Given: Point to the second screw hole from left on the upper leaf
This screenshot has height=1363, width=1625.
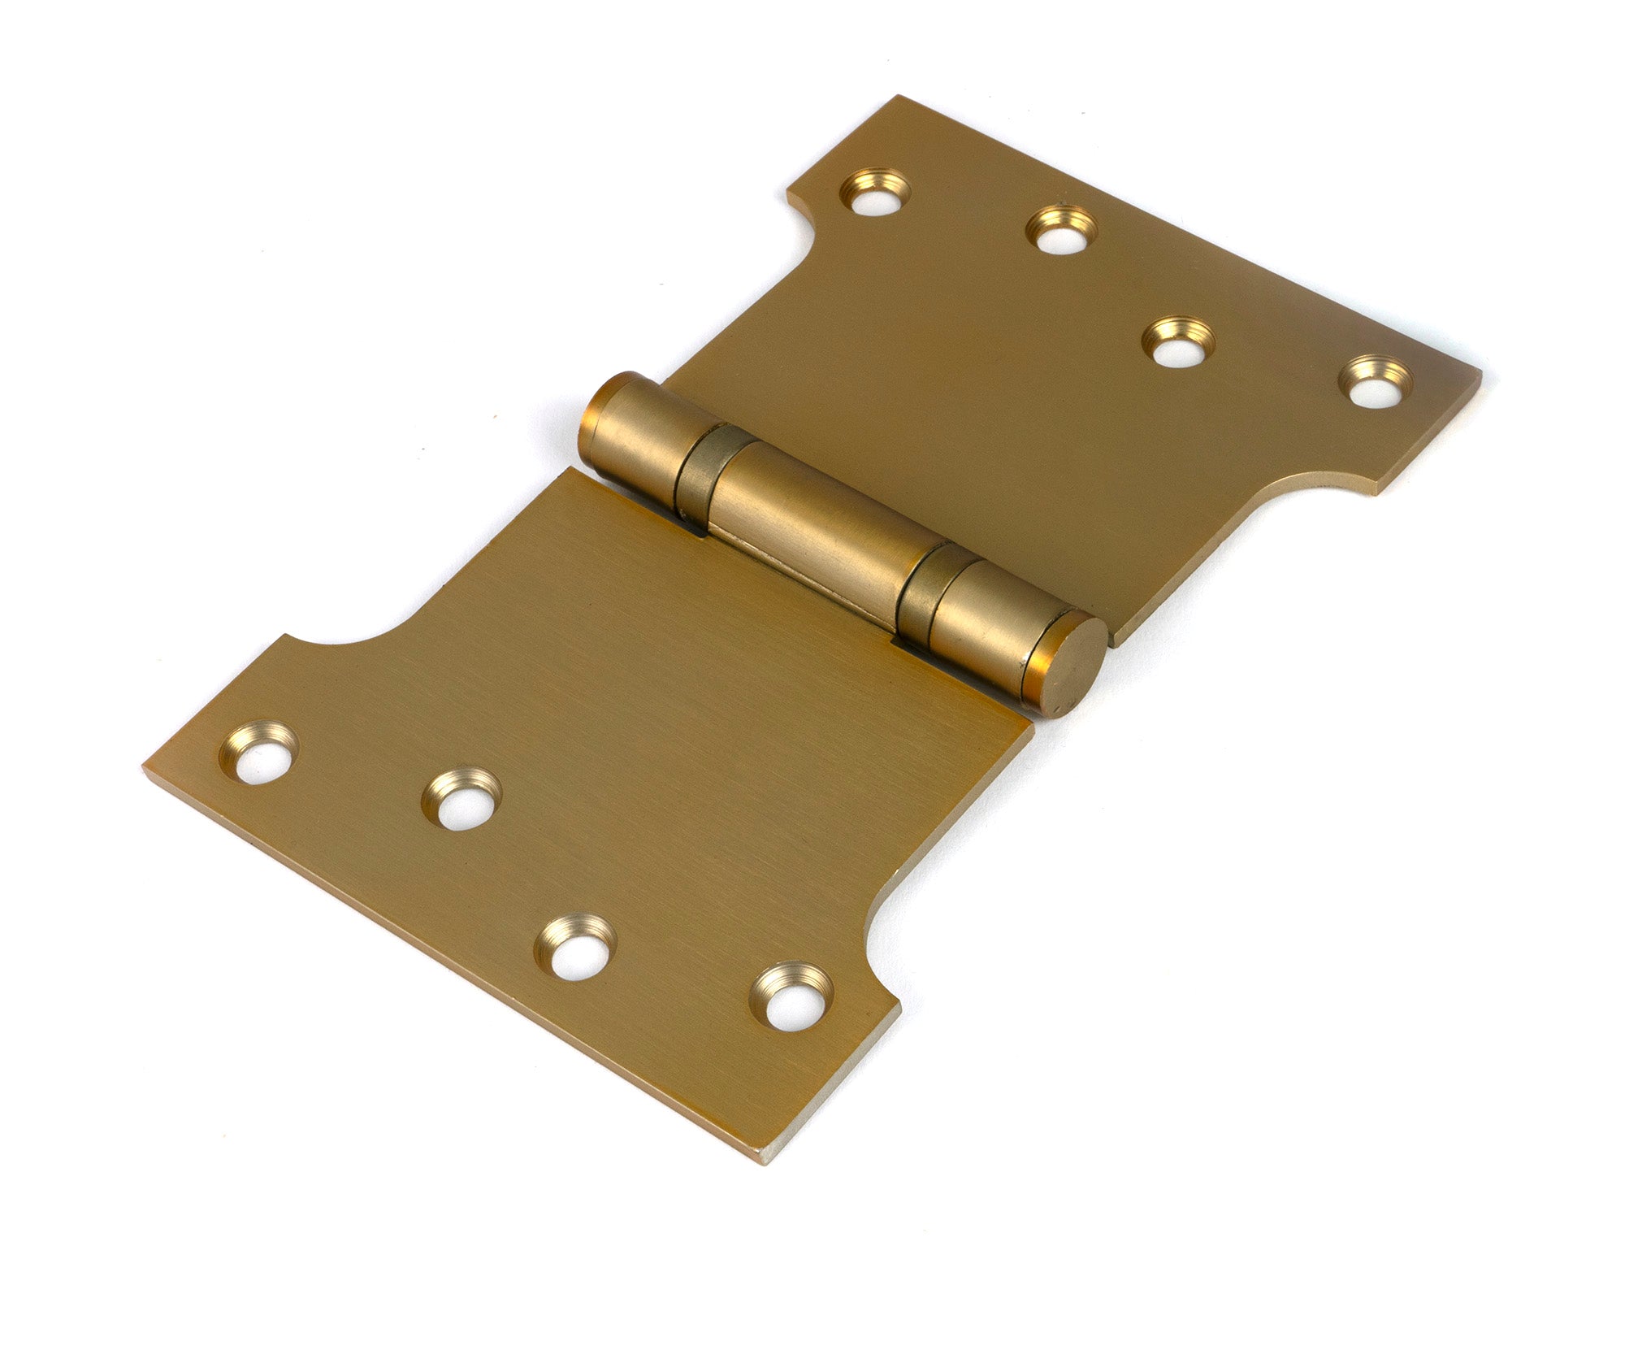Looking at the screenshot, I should click(x=1060, y=231).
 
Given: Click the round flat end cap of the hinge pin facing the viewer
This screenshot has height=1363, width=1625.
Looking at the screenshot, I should click(x=1066, y=666).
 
